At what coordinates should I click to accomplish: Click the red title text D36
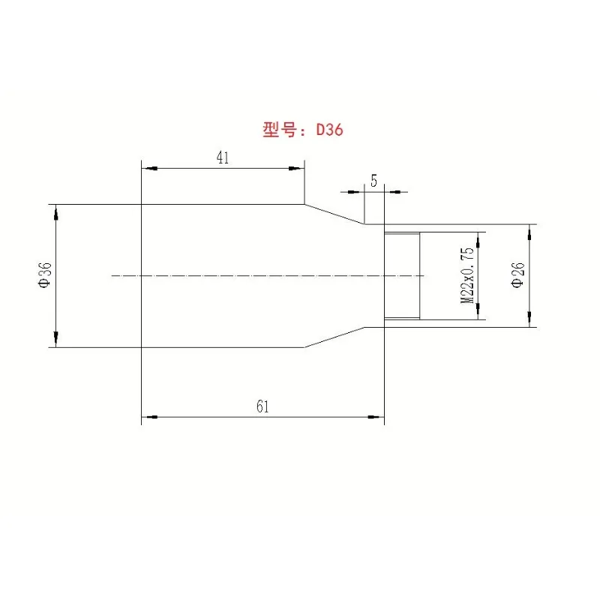(329, 130)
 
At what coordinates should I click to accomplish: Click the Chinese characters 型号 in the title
(280, 130)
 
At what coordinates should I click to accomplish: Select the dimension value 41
(222, 157)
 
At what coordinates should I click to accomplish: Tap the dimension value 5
(373, 181)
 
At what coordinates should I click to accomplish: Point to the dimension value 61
(262, 406)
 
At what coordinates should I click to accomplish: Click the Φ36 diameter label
(45, 275)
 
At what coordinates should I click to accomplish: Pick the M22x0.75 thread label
(469, 275)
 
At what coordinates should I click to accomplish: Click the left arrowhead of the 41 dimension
(147, 169)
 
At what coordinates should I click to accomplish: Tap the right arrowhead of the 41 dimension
(298, 169)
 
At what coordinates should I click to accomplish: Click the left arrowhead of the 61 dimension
(147, 416)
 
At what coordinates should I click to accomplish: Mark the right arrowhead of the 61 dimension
(378, 416)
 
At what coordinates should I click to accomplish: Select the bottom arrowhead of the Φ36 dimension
(55, 340)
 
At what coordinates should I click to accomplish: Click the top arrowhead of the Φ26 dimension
(531, 230)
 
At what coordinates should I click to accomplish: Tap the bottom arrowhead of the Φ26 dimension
(531, 320)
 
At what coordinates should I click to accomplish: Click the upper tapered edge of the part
(334, 214)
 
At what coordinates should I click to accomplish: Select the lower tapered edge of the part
(334, 337)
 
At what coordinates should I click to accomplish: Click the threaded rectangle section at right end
(402, 275)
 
